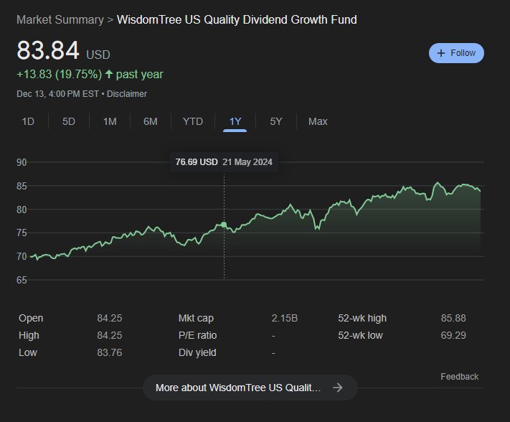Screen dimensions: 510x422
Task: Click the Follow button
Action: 456,53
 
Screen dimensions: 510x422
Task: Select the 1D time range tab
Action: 28,122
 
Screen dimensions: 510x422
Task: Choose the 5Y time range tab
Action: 276,122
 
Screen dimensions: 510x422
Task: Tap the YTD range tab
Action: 193,122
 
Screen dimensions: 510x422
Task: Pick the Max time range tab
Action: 318,122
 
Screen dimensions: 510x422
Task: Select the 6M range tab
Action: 151,122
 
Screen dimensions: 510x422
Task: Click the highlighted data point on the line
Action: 224,225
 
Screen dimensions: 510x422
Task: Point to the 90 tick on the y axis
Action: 22,162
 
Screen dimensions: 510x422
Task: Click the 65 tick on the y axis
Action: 22,280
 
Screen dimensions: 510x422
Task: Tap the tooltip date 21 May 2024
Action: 247,162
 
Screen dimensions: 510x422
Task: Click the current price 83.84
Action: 48,50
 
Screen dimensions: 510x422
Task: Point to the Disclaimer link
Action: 127,94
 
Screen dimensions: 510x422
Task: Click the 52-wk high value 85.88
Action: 453,318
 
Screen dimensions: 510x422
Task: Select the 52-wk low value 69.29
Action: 453,335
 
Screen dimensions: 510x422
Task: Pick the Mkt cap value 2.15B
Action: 285,318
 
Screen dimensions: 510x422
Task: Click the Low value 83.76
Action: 110,352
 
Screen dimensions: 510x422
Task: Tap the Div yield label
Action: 197,352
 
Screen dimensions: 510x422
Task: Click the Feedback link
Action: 460,377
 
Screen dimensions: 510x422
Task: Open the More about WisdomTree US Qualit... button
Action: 250,388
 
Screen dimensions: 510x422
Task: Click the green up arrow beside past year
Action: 109,75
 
